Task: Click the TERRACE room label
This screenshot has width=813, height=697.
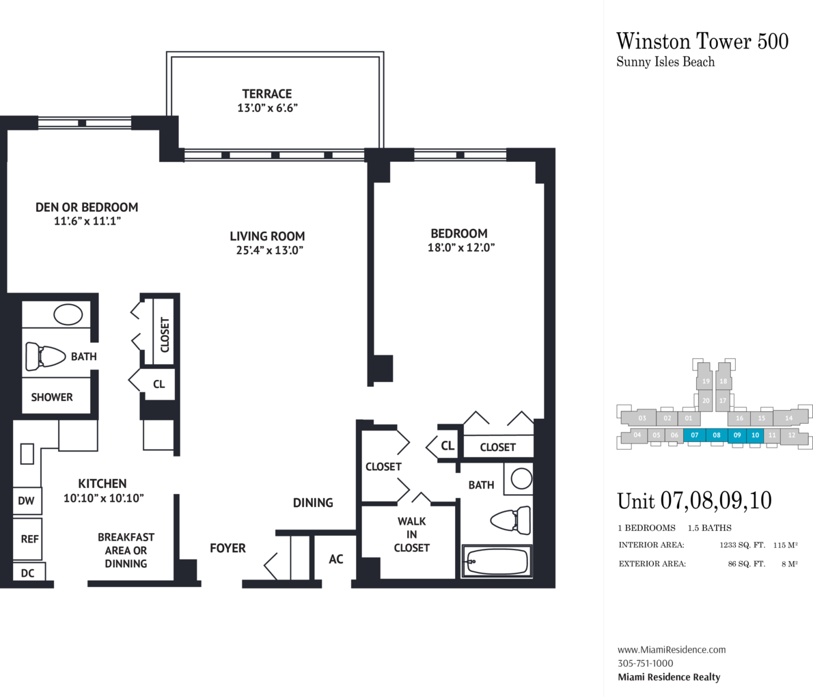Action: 267,94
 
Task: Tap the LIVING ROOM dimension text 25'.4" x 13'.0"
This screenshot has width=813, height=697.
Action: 270,250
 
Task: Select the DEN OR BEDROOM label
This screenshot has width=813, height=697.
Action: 87,208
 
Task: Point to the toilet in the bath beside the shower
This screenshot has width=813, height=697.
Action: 46,356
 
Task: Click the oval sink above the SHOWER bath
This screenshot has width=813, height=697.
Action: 68,314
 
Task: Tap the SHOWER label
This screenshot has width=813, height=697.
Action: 52,397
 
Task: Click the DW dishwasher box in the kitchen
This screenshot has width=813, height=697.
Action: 27,500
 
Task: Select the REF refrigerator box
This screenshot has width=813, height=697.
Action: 27,539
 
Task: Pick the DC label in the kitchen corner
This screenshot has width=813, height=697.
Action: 27,573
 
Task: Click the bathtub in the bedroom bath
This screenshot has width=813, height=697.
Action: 497,561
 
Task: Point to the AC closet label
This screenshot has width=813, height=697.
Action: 336,559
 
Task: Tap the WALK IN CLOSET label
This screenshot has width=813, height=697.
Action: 412,534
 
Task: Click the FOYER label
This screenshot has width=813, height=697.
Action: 228,548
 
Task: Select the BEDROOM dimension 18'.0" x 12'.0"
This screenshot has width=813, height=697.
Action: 461,247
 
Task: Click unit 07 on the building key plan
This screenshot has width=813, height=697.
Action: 695,435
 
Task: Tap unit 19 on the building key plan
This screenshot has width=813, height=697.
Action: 705,381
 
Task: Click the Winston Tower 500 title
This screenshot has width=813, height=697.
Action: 702,41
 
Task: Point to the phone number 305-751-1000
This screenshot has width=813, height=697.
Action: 646,664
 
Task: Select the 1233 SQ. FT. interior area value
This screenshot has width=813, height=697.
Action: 743,545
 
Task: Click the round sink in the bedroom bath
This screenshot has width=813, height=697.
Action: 521,478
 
